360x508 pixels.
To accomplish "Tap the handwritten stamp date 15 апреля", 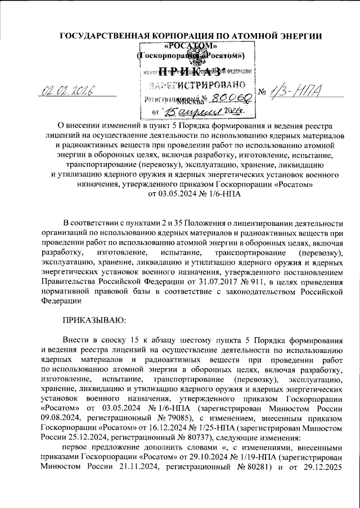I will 186,111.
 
